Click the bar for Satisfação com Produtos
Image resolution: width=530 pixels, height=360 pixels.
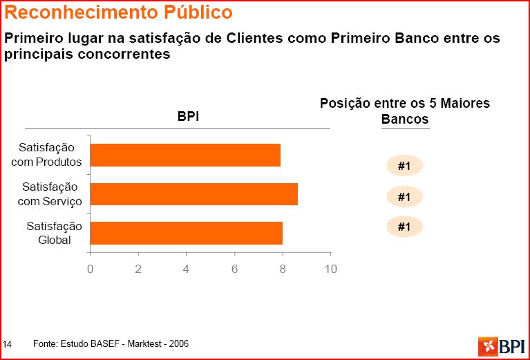185,155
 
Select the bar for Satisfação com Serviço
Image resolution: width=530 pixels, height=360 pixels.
193,194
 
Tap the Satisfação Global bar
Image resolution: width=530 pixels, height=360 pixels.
186,233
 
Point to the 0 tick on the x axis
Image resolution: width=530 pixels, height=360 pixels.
91,269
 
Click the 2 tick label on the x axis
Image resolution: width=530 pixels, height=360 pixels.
138,269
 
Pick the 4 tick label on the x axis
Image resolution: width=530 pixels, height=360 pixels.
187,269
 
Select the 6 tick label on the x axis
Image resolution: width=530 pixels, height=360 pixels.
234,269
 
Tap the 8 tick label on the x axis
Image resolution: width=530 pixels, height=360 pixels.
283,269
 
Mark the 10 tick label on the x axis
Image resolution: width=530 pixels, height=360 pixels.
330,269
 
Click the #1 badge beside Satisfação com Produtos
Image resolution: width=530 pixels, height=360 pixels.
404,166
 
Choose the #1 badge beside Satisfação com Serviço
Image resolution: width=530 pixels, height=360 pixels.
404,197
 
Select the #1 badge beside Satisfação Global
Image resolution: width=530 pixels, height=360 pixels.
404,227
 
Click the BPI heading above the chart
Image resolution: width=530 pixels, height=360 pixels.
188,117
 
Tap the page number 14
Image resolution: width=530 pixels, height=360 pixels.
8,343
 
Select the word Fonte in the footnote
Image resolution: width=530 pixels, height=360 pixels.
44,343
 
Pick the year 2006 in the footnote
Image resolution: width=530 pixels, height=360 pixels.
179,343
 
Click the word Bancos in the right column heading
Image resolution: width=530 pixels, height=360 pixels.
405,119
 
